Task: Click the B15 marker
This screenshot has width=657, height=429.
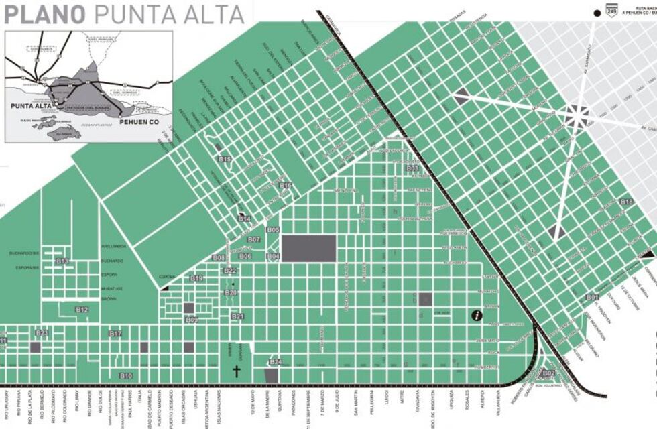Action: pyautogui.click(x=225, y=159)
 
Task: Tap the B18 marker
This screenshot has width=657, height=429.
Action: pyautogui.click(x=626, y=202)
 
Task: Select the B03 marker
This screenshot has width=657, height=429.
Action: pyautogui.click(x=412, y=168)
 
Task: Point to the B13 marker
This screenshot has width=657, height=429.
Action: pyautogui.click(x=62, y=261)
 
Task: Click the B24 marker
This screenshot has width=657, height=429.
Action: pyautogui.click(x=276, y=362)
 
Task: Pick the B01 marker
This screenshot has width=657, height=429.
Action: pyautogui.click(x=592, y=297)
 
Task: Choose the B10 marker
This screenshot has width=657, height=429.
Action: pyautogui.click(x=125, y=375)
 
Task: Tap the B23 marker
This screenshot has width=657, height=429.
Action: pyautogui.click(x=42, y=333)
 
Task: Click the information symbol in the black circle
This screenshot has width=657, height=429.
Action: pyautogui.click(x=477, y=315)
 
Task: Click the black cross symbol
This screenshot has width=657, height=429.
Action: pyautogui.click(x=236, y=371)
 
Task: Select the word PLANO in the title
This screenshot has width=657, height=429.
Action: pyautogui.click(x=44, y=13)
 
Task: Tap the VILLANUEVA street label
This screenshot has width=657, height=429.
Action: pyautogui.click(x=498, y=402)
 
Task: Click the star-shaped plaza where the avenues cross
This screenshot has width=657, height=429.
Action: pyautogui.click(x=575, y=115)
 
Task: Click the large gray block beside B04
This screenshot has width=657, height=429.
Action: pyautogui.click(x=308, y=249)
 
